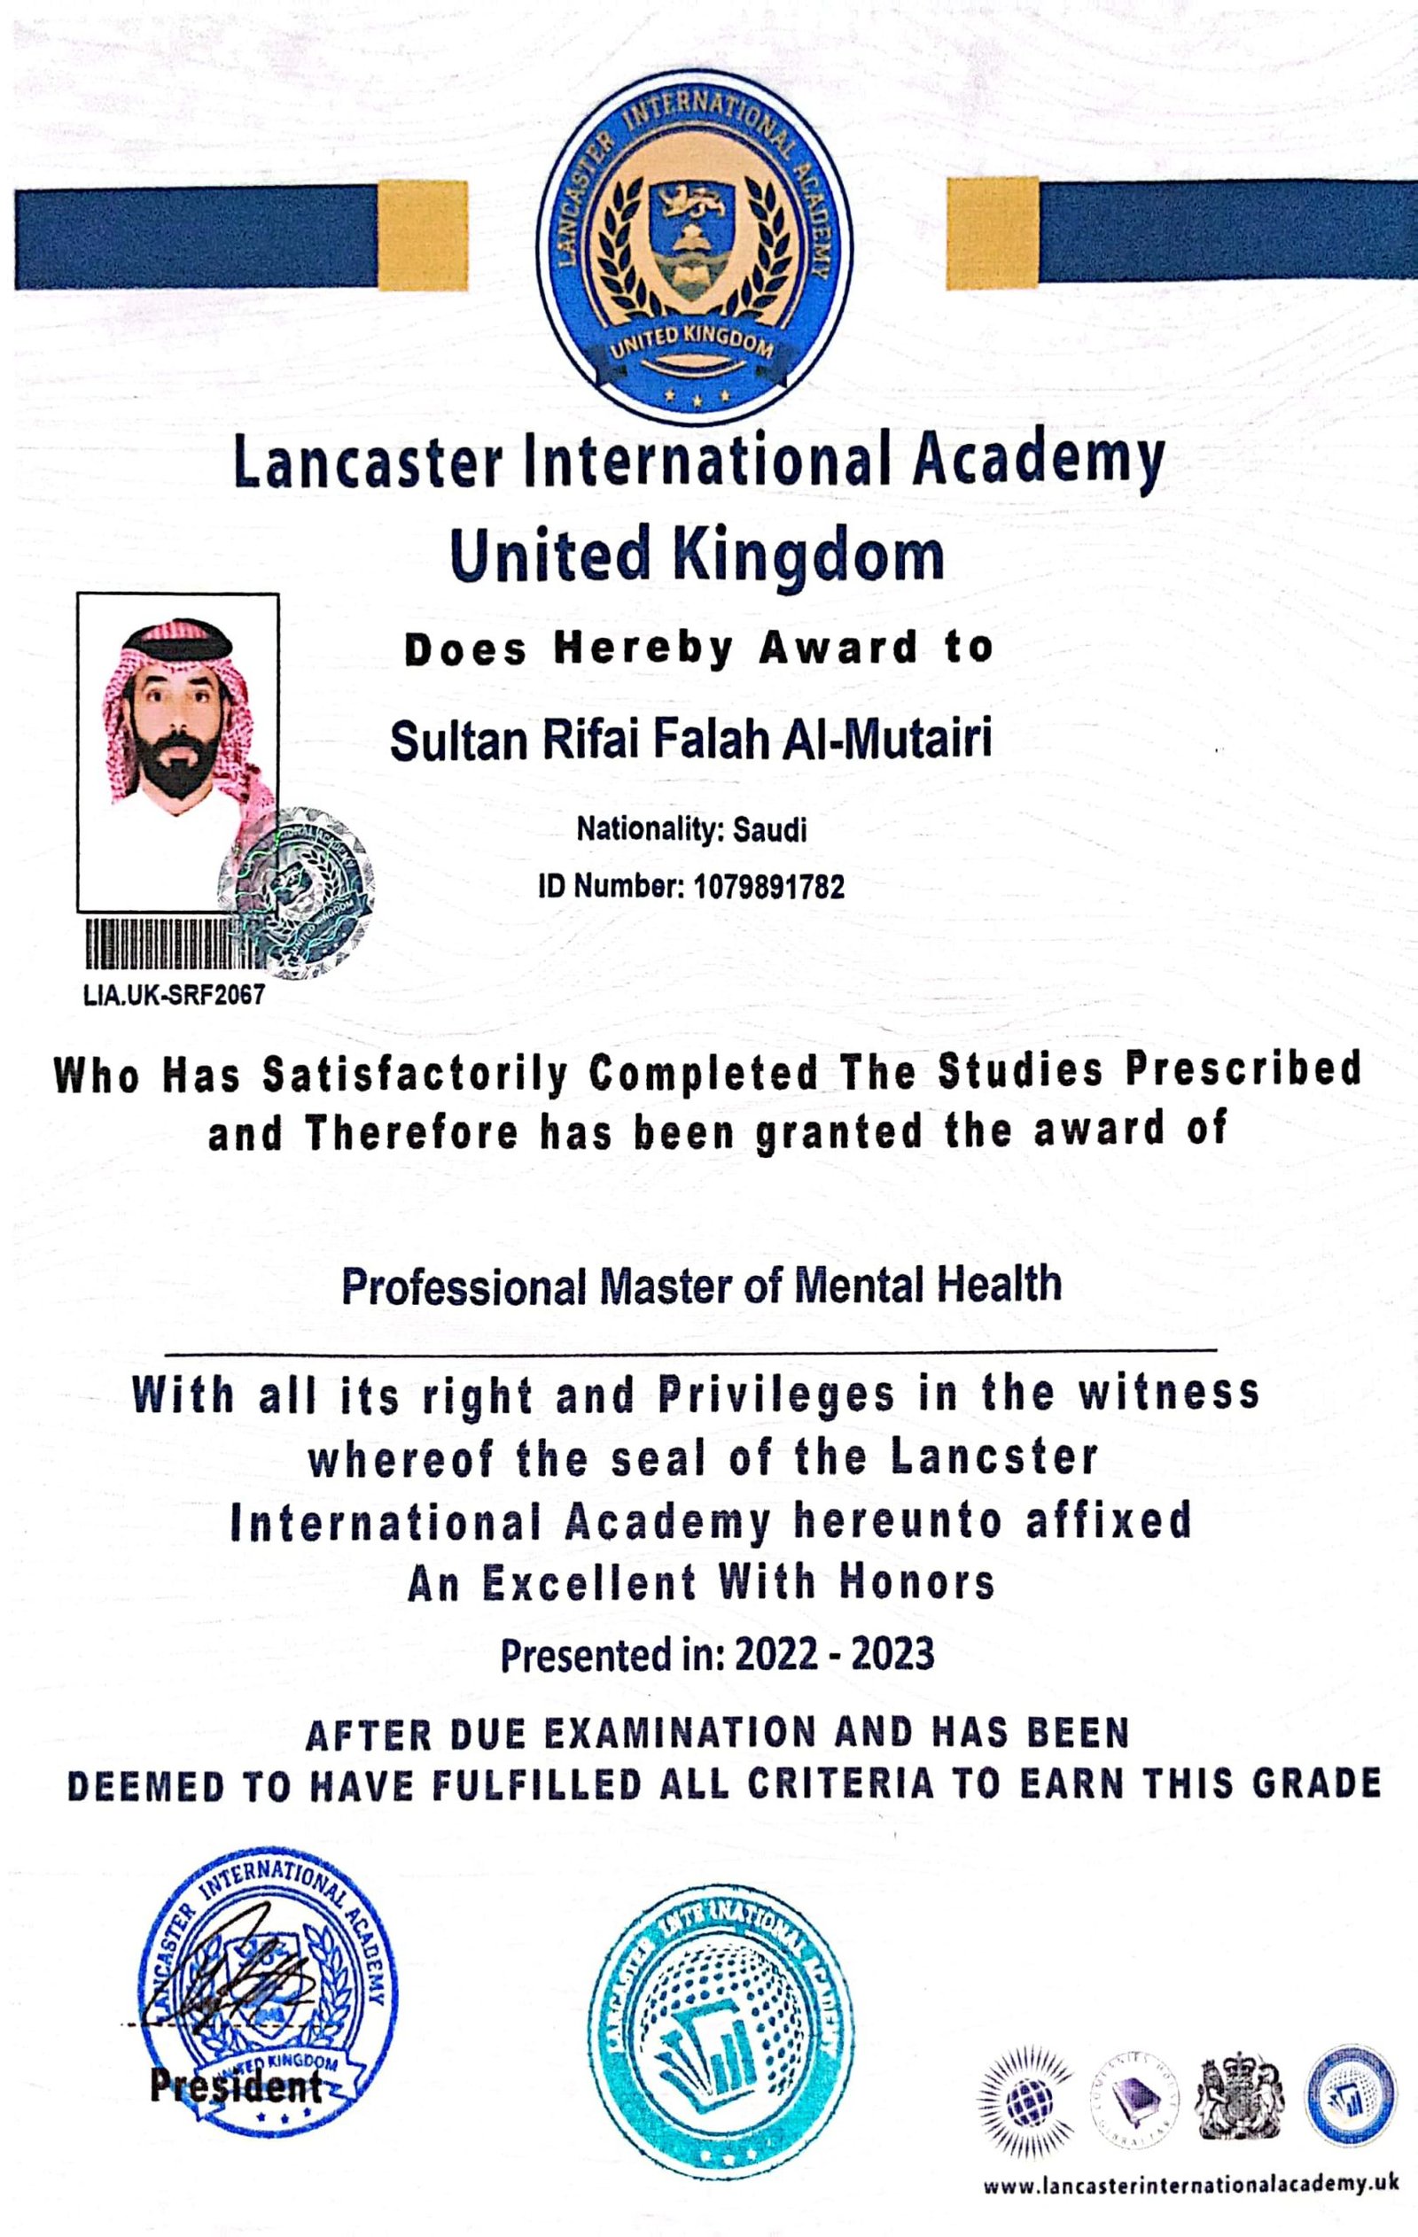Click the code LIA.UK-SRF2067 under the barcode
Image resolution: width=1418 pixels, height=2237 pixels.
[174, 995]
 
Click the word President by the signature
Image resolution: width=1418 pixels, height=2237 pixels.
[236, 2087]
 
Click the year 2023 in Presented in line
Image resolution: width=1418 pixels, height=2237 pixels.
[894, 1653]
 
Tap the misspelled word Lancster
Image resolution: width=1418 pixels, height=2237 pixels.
[994, 1458]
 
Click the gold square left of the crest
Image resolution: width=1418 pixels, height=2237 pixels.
[423, 235]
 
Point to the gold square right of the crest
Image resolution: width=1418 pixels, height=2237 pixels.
[992, 232]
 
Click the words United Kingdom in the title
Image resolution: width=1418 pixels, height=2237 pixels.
[697, 555]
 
